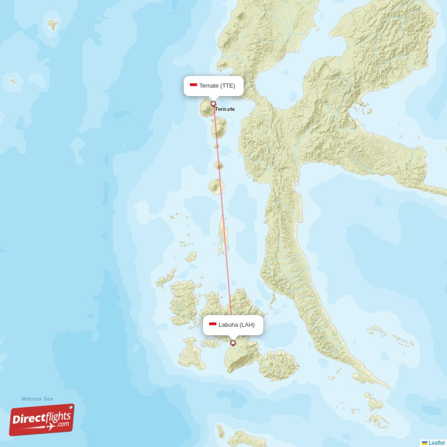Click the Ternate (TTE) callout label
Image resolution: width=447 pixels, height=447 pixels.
pos(213,86)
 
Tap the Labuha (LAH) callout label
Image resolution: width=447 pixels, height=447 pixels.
pos(232,325)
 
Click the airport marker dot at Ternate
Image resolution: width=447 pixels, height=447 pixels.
pos(213,103)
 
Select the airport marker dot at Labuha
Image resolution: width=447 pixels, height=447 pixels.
pos(233,343)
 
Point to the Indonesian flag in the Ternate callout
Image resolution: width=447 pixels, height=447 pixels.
pos(193,85)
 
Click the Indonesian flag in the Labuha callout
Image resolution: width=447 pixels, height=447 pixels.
pos(212,324)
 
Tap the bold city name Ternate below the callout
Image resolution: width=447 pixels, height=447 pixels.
pos(225,109)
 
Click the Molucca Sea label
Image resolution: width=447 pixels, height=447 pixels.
pos(37,399)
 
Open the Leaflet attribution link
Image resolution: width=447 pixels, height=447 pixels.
pos(437,443)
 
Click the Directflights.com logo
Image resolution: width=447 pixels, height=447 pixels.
pos(42,420)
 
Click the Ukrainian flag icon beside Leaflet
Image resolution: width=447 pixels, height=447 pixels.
pos(425,443)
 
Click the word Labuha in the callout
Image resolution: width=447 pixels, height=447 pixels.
pos(228,325)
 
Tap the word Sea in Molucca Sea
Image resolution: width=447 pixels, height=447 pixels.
pos(48,399)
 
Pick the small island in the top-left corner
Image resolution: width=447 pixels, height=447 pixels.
pos(52,24)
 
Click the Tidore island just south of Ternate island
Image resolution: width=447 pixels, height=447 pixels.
pos(218,127)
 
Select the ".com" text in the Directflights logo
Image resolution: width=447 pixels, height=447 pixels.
pos(63,425)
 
